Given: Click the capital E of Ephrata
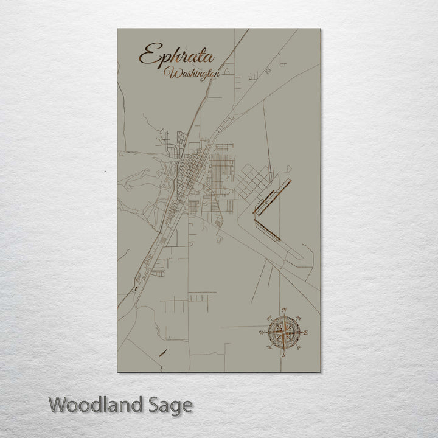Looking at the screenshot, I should click(x=148, y=56).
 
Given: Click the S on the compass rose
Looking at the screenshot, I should click(x=283, y=353).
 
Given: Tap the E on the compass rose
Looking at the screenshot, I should click(x=305, y=332).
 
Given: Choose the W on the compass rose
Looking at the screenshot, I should click(x=262, y=332).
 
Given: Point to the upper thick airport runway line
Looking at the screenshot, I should click(x=273, y=195).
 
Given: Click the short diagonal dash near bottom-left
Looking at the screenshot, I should click(x=162, y=352).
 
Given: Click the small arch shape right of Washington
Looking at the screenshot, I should click(x=226, y=71).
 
